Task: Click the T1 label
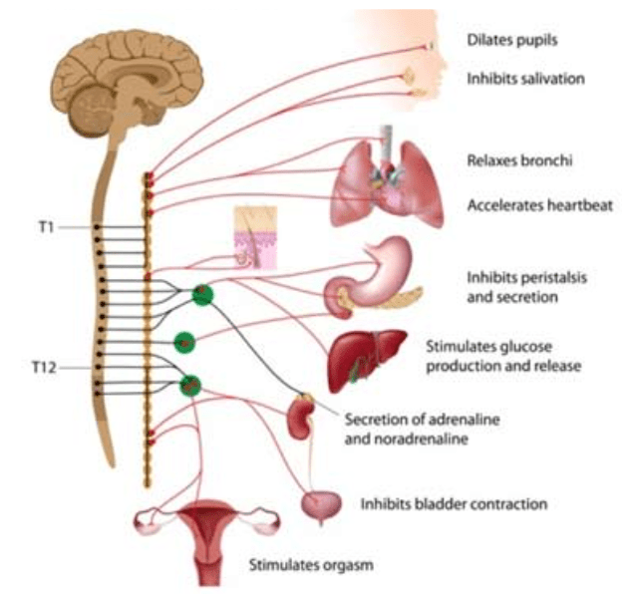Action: click(x=45, y=227)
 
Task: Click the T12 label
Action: click(x=43, y=367)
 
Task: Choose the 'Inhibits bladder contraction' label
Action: click(x=455, y=504)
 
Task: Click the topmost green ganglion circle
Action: click(x=204, y=295)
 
